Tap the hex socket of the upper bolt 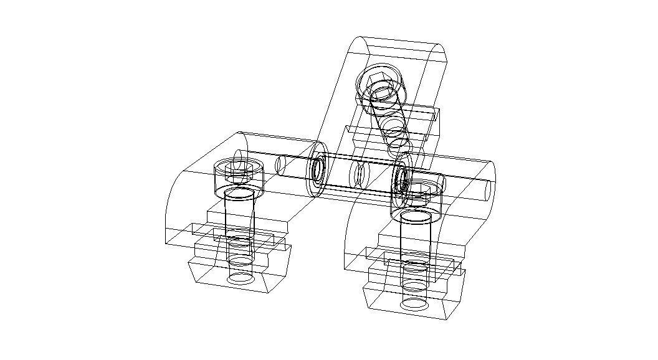(376, 80)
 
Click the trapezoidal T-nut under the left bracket (240, 274)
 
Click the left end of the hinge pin (280, 164)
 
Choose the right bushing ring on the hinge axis (401, 178)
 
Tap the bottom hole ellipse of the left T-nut (239, 278)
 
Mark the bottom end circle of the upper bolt (399, 148)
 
